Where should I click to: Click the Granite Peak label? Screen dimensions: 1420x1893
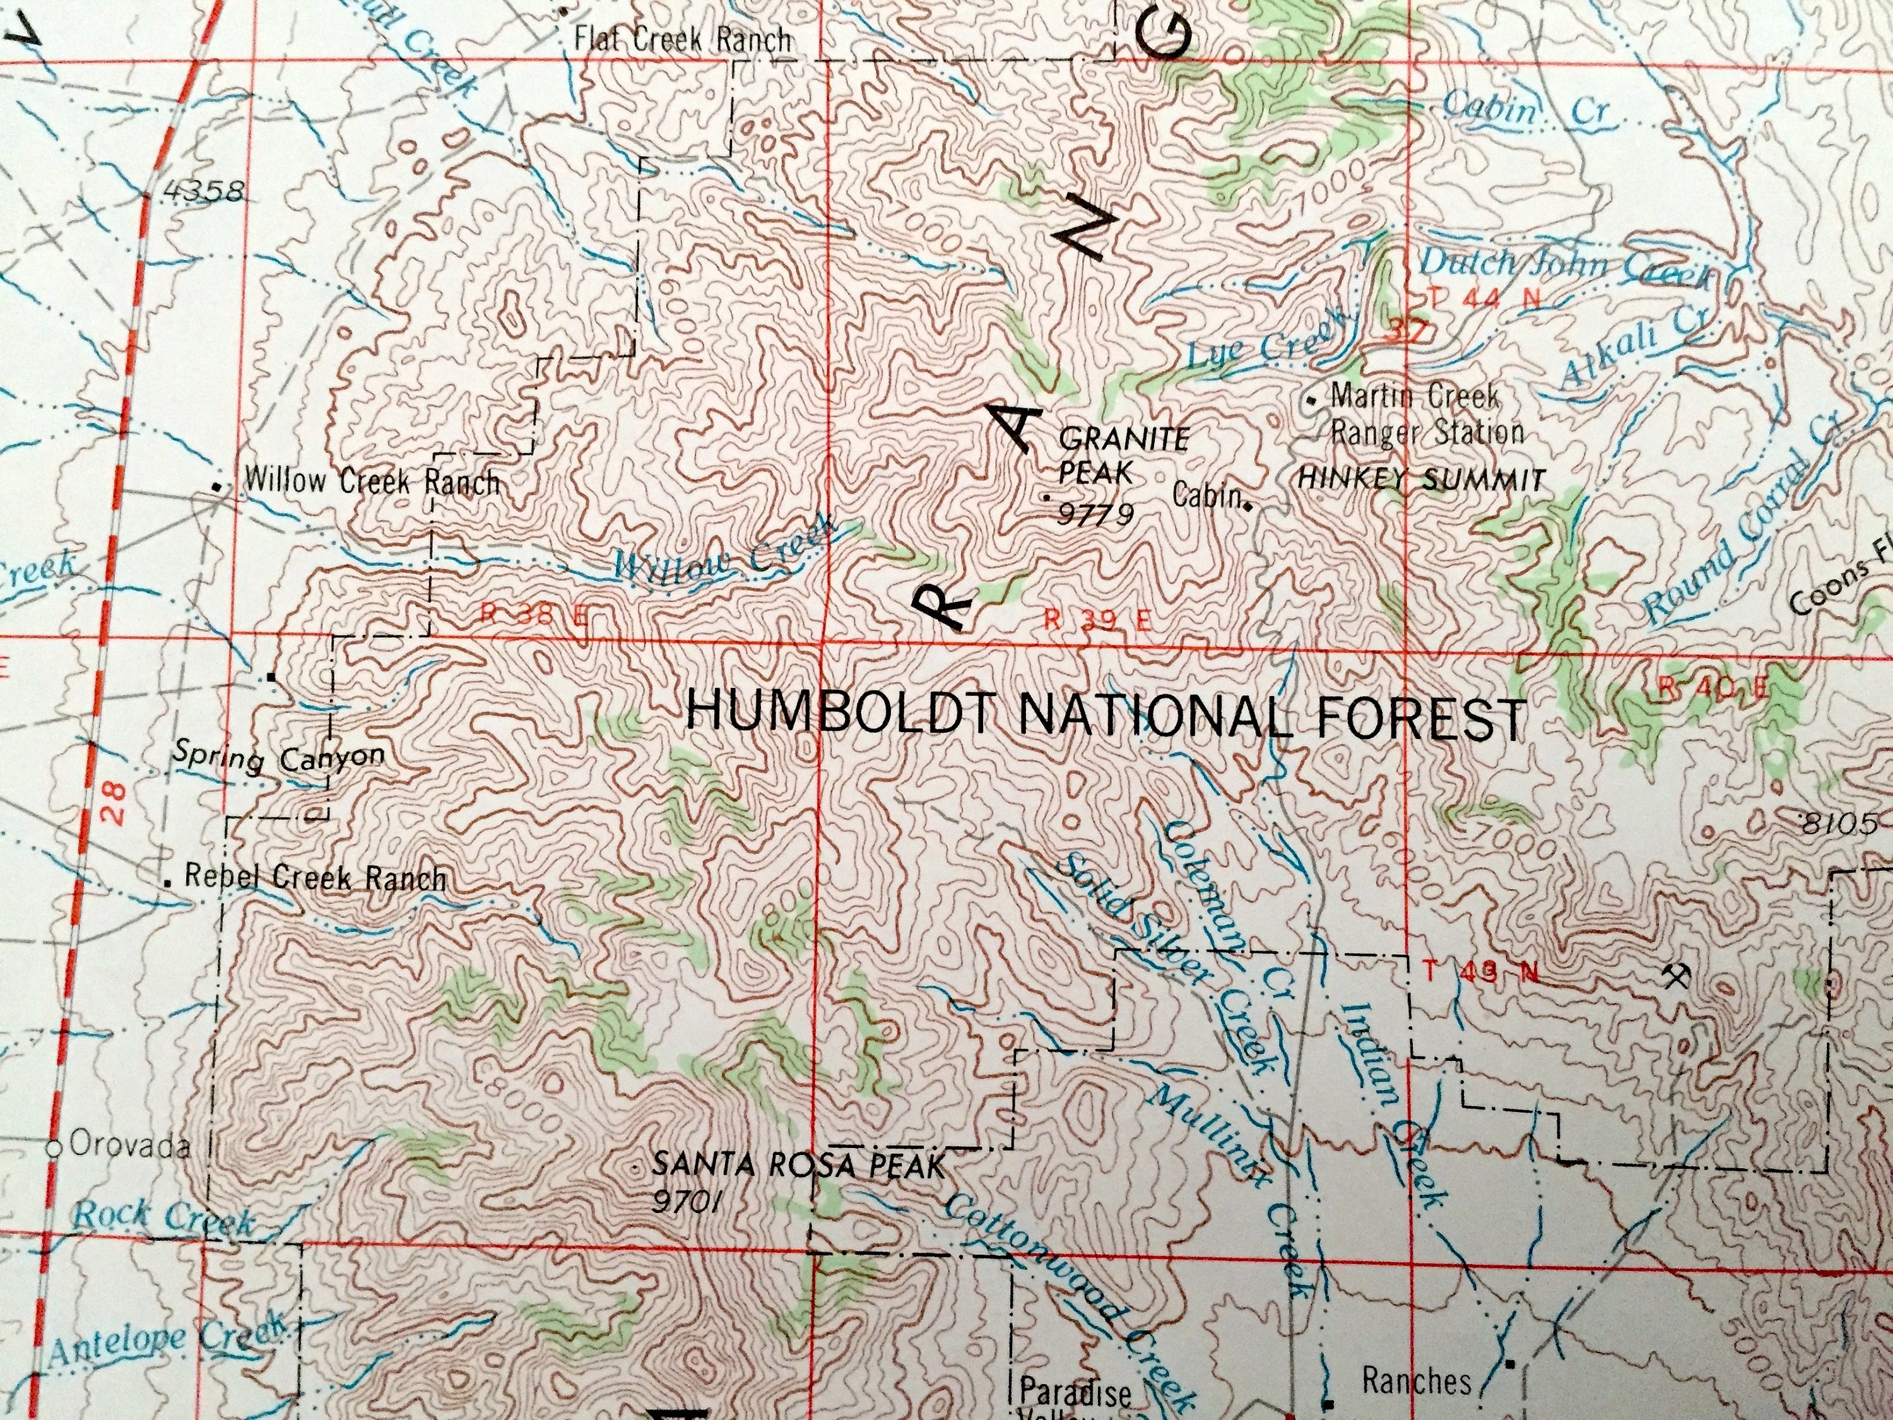click(x=1122, y=456)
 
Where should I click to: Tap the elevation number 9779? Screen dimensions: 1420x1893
click(x=1095, y=514)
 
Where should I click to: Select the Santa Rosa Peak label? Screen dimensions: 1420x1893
click(x=798, y=1166)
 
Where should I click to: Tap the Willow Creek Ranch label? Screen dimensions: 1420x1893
click(x=372, y=482)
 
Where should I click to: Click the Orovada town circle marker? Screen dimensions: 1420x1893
click(x=54, y=1149)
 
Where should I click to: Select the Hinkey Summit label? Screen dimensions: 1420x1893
click(x=1422, y=479)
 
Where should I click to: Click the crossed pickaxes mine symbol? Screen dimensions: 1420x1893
click(x=1676, y=975)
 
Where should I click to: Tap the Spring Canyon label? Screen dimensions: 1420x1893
click(x=278, y=757)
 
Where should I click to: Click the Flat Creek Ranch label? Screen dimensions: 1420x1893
click(x=682, y=39)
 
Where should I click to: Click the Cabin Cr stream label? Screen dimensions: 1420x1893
click(x=1526, y=107)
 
